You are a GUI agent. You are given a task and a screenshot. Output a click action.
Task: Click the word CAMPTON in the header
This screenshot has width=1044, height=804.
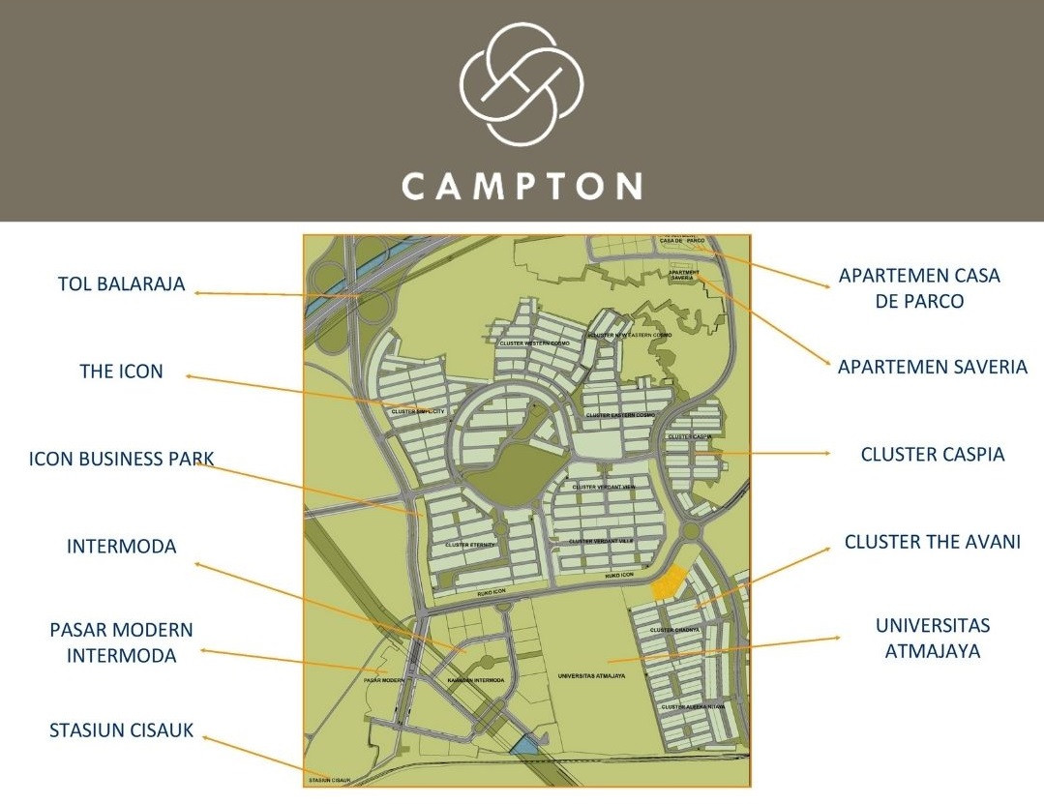[522, 185]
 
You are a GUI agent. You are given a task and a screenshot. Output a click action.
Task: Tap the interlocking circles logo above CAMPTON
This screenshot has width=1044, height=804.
[522, 84]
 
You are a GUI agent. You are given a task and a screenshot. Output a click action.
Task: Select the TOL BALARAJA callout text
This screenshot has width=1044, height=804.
[121, 284]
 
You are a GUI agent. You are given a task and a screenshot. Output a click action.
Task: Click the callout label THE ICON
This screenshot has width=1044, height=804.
[121, 371]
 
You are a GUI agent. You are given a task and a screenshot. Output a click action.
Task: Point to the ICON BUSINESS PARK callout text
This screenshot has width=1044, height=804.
[121, 459]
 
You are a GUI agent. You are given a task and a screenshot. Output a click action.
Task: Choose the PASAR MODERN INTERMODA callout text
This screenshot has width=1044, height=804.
[121, 642]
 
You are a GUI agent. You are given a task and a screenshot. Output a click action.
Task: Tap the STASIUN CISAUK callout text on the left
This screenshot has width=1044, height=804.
[121, 730]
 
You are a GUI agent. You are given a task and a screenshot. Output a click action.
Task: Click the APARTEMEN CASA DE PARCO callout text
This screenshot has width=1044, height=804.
[919, 287]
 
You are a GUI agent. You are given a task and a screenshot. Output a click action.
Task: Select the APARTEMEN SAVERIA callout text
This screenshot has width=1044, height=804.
[932, 367]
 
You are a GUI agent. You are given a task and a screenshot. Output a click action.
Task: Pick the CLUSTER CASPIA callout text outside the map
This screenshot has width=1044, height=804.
[933, 454]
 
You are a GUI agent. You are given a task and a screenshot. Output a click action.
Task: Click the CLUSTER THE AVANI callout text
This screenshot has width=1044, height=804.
[932, 542]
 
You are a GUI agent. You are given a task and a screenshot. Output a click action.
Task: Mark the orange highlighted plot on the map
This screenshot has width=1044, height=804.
[667, 583]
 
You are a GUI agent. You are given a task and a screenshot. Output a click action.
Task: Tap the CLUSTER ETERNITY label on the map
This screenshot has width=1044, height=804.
[469, 546]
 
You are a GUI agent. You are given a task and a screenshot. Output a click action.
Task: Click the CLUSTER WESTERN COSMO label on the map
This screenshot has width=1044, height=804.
[535, 343]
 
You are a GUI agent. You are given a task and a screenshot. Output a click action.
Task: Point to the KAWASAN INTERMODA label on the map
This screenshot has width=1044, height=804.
[475, 680]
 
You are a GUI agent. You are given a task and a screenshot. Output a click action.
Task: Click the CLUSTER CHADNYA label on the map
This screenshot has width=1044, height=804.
[675, 631]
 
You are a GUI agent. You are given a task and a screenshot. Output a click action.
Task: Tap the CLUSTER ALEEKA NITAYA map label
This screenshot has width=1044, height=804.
[692, 707]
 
